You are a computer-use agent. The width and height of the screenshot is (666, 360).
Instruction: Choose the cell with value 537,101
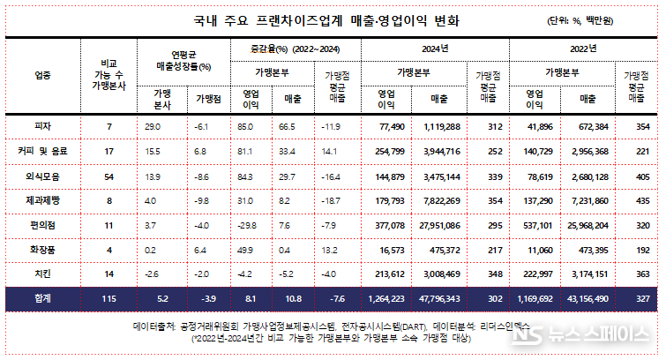pos(541,224)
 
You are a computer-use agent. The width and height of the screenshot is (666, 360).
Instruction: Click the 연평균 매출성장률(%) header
pos(181,58)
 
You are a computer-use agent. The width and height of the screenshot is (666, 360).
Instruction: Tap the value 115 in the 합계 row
pos(109,299)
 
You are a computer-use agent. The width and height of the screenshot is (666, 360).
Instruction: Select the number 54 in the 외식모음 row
pos(109,176)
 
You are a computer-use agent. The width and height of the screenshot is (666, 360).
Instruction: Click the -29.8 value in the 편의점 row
pos(250,224)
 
